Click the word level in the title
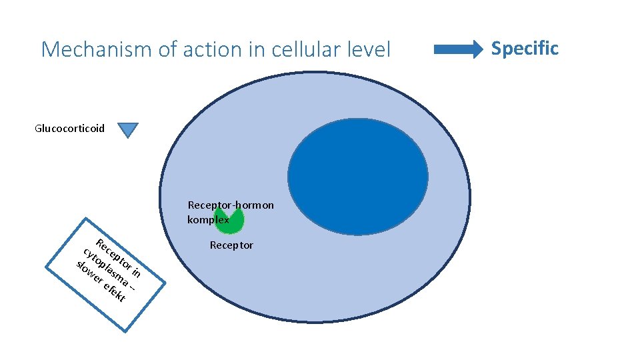(x=369, y=49)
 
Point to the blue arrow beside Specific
(x=458, y=49)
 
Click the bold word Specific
(x=525, y=48)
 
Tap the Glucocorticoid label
(x=69, y=128)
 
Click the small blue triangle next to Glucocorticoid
(x=128, y=130)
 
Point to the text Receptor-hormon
(x=231, y=205)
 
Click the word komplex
(x=207, y=219)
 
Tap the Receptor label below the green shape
(x=231, y=245)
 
